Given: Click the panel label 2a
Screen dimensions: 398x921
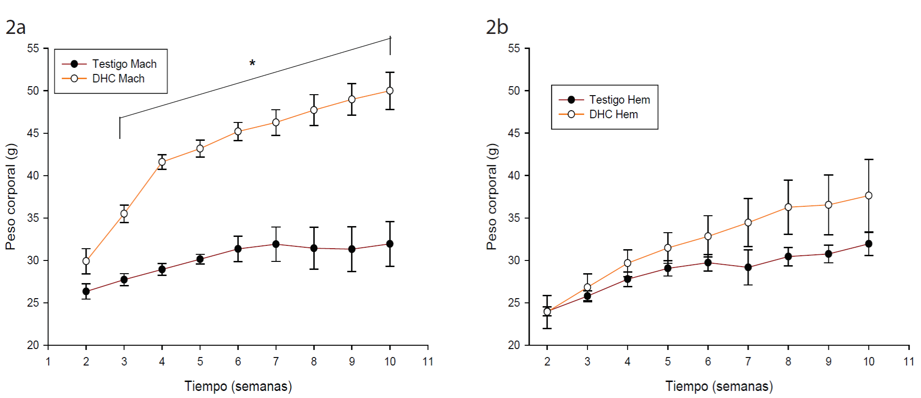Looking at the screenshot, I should tap(16, 27).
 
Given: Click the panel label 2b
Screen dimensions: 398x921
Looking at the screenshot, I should tap(497, 27).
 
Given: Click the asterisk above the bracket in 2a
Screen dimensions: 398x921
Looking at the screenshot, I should tap(253, 63).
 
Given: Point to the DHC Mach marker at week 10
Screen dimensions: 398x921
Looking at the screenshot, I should tap(390, 90).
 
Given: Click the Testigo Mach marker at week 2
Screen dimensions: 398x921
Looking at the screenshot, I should tap(86, 292).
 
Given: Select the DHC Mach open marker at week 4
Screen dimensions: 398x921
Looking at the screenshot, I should tap(162, 162).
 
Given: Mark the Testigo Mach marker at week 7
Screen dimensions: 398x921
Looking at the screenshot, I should tap(276, 244).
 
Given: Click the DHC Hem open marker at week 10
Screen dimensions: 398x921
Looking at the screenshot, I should tap(869, 195).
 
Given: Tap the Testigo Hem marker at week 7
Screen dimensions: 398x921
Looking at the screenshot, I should tap(748, 267).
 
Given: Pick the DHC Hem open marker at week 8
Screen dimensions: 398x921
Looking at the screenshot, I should tap(788, 207).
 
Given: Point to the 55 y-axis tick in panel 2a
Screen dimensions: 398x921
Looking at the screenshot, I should tap(33, 49).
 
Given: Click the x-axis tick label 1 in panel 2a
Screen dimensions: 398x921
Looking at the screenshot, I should tap(48, 362).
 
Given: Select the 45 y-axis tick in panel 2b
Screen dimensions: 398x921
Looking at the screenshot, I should tap(514, 133).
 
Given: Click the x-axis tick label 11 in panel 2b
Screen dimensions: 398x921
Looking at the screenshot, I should tap(909, 362).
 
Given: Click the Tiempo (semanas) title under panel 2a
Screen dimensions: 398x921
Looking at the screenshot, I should tap(238, 386).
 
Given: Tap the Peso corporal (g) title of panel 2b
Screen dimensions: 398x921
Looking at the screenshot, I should tap(492, 196).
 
